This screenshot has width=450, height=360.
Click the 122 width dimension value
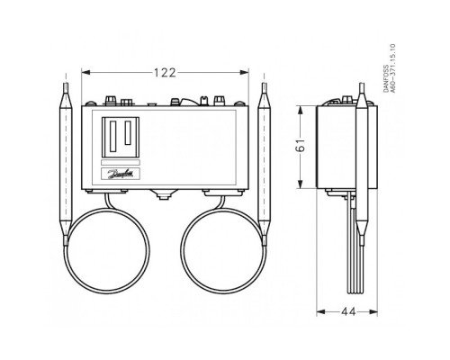(x=165, y=73)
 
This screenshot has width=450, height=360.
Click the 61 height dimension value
(x=301, y=145)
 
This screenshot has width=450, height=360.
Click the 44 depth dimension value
(x=348, y=312)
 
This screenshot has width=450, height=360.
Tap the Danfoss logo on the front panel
(x=121, y=174)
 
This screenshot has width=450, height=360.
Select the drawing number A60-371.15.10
(x=393, y=68)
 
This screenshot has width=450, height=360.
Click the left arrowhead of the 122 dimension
(x=86, y=72)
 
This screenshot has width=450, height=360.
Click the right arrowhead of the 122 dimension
(x=244, y=72)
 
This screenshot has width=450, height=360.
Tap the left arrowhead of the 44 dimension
(x=321, y=312)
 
